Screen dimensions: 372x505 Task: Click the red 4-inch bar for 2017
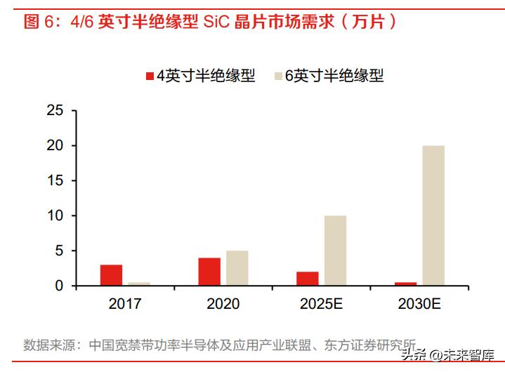click(x=111, y=275)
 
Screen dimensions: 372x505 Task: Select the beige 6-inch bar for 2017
click(x=138, y=284)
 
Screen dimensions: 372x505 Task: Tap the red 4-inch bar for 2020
click(x=209, y=272)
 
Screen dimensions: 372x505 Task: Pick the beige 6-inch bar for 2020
click(x=237, y=268)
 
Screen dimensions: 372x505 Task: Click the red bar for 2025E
click(x=308, y=279)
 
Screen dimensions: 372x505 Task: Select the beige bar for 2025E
click(x=335, y=251)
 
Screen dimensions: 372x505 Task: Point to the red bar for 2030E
click(x=405, y=284)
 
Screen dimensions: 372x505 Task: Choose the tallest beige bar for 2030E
click(x=433, y=215)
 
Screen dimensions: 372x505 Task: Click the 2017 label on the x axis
click(x=125, y=305)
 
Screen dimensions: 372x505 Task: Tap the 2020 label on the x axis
click(x=223, y=305)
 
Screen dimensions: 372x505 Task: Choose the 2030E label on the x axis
click(x=419, y=305)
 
